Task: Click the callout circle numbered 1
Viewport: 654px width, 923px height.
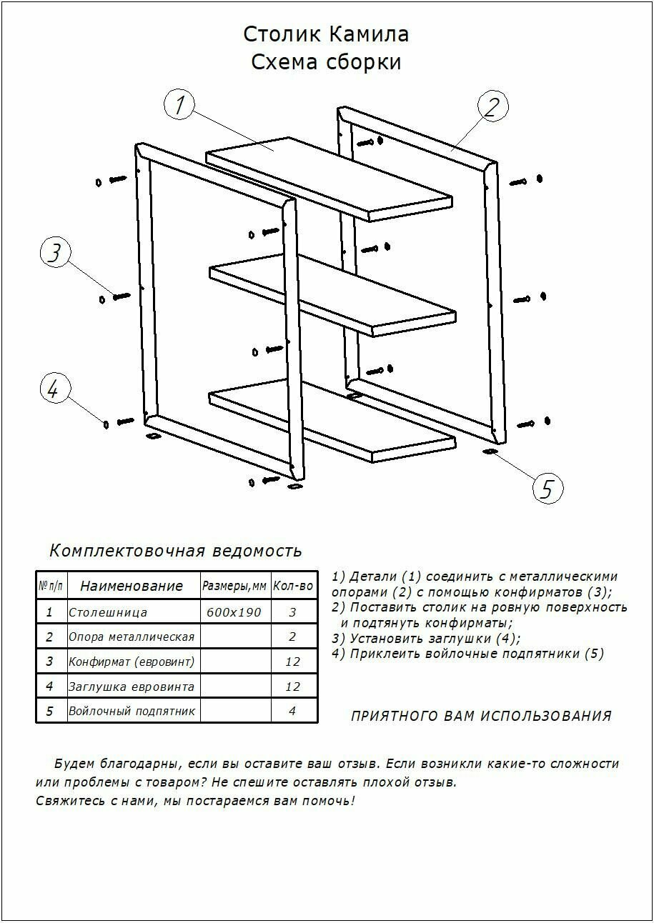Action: [180, 105]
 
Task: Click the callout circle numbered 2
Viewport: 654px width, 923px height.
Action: [492, 107]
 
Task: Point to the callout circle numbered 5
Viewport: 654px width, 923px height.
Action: [548, 489]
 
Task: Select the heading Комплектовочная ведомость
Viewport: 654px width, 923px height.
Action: [176, 551]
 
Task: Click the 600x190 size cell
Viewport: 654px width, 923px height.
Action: [234, 612]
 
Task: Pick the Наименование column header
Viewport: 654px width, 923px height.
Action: [132, 587]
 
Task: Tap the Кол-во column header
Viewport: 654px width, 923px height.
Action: [293, 587]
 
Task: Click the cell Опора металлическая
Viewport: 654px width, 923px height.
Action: [132, 637]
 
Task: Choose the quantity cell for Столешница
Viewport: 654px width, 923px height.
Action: [293, 612]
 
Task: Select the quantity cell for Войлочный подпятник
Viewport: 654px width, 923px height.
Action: [293, 711]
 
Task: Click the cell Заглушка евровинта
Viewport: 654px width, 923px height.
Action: [132, 687]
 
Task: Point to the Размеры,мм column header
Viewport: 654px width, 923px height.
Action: [234, 587]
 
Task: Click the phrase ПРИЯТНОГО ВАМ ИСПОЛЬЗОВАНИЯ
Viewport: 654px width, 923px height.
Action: [481, 716]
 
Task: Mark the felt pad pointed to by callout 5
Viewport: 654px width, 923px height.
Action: [490, 452]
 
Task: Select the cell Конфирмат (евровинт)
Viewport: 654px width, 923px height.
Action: [132, 662]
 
